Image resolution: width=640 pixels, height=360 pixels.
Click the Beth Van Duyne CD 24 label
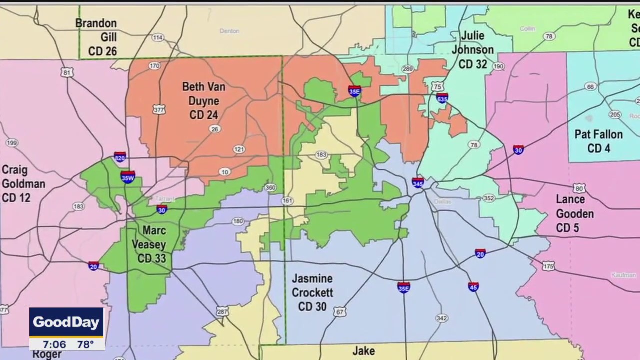pyautogui.click(x=203, y=101)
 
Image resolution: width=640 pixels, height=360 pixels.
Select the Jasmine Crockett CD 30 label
pyautogui.click(x=312, y=292)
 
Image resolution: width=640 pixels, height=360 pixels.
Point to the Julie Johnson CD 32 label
pyautogui.click(x=472, y=50)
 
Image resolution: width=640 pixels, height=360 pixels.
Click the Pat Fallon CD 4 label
pyautogui.click(x=598, y=141)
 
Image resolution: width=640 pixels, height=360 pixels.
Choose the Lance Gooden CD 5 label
pyautogui.click(x=574, y=214)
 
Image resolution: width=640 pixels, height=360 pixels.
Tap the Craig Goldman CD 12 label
pyautogui.click(x=23, y=184)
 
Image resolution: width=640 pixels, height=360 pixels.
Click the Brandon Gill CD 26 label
pyautogui.click(x=102, y=37)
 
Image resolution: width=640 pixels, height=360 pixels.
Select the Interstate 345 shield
pyautogui.click(x=418, y=182)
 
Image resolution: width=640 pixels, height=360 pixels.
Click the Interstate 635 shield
pyautogui.click(x=442, y=97)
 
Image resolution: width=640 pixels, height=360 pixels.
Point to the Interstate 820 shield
pyautogui.click(x=120, y=157)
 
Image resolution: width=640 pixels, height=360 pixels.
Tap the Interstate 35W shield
pyautogui.click(x=128, y=177)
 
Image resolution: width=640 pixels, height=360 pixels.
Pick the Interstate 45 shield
pyautogui.click(x=473, y=287)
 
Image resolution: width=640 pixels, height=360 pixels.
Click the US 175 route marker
pyautogui.click(x=548, y=266)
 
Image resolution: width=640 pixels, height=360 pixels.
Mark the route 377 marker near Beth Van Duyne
pyautogui.click(x=159, y=109)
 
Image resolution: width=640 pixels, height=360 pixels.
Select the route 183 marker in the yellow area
pyautogui.click(x=321, y=155)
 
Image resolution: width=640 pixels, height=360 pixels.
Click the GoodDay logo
pyautogui.click(x=66, y=322)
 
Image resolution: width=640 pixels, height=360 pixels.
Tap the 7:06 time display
pyautogui.click(x=54, y=344)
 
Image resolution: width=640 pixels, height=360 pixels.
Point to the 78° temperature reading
pyautogui.click(x=85, y=344)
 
